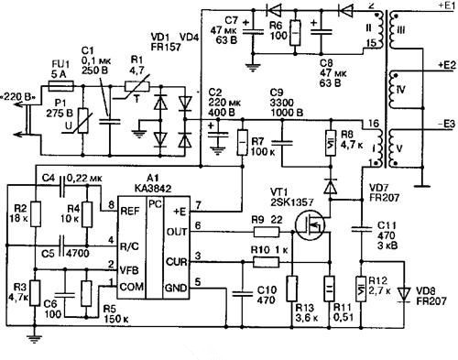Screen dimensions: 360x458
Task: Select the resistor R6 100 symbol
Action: point(294,28)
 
